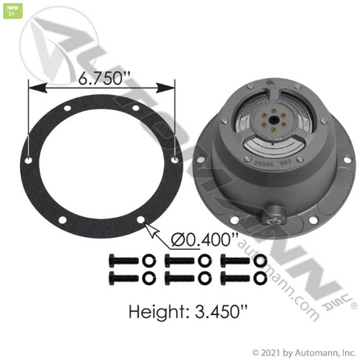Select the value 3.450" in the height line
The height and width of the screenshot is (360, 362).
point(214,309)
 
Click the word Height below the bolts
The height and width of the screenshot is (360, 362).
point(152,309)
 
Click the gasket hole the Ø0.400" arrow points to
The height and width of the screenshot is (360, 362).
point(142,222)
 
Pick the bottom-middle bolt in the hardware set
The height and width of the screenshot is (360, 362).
point(175,277)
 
